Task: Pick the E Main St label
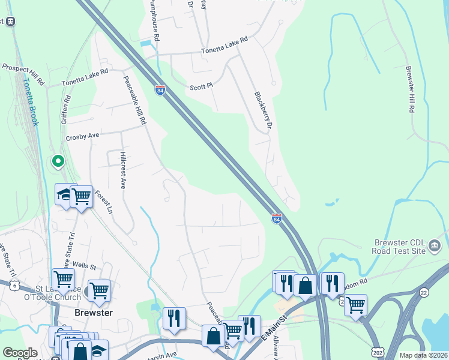(x=273, y=331)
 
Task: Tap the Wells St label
(x=85, y=264)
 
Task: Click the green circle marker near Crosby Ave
(x=58, y=161)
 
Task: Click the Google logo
(x=20, y=353)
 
